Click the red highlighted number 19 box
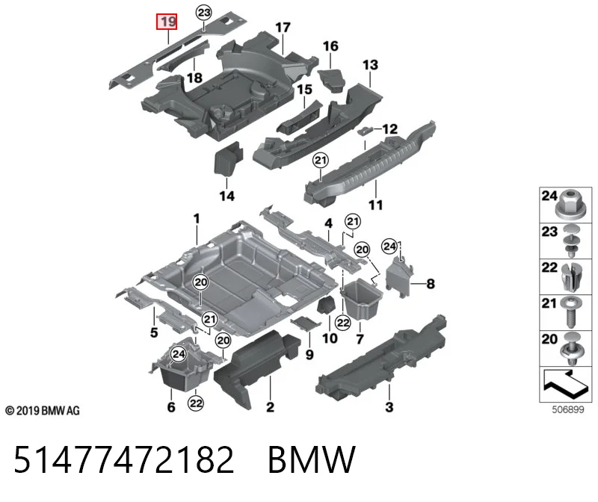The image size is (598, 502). click(167, 22)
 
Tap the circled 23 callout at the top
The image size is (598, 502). click(204, 13)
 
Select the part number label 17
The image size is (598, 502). click(283, 28)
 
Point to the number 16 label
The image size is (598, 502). click(330, 46)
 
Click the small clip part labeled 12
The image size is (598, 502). click(365, 131)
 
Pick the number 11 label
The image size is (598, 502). click(376, 205)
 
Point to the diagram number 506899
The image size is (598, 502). click(568, 410)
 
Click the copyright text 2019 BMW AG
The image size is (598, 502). click(43, 411)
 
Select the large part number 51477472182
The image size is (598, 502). click(124, 459)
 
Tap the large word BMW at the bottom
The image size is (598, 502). click(312, 459)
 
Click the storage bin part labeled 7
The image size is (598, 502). click(361, 300)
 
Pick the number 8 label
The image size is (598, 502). click(431, 284)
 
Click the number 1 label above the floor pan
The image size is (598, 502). click(197, 219)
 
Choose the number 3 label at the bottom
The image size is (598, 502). click(389, 407)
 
